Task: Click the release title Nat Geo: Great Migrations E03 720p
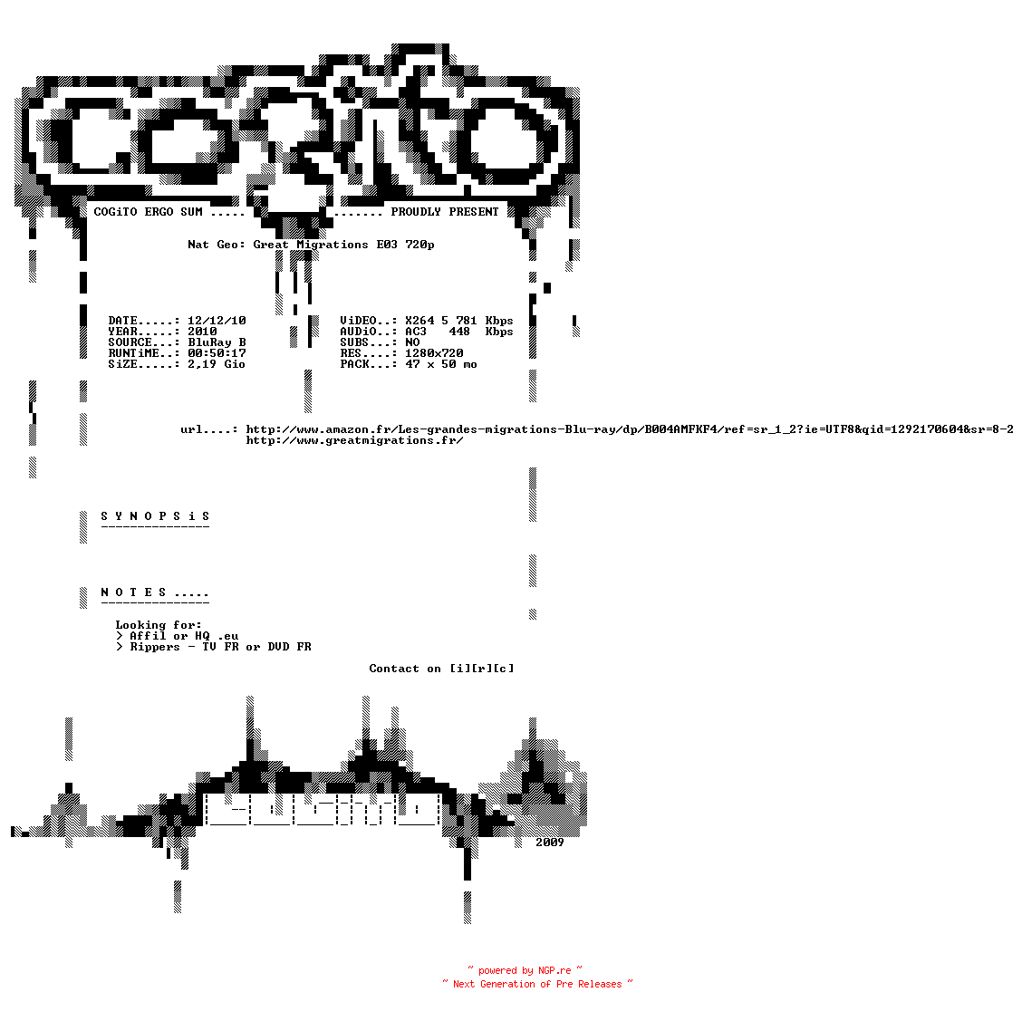click(x=311, y=246)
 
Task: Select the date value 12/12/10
click(x=217, y=321)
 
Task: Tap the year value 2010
click(x=202, y=332)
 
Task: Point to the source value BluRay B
click(x=217, y=342)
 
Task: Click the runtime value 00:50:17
click(x=217, y=353)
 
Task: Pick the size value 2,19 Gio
click(x=217, y=364)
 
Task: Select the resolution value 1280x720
click(x=434, y=353)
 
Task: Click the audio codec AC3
click(x=416, y=332)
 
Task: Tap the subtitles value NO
click(x=412, y=342)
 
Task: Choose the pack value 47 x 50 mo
click(x=441, y=364)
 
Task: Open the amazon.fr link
click(x=630, y=429)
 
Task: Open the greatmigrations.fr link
click(x=354, y=440)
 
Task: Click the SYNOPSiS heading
click(x=155, y=516)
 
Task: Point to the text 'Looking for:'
click(x=159, y=625)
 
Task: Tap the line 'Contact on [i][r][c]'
click(x=441, y=669)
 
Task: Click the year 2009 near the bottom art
click(x=549, y=842)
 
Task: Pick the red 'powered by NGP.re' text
click(x=525, y=970)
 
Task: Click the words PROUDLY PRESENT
click(x=445, y=212)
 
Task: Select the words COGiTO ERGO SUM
click(x=148, y=212)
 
